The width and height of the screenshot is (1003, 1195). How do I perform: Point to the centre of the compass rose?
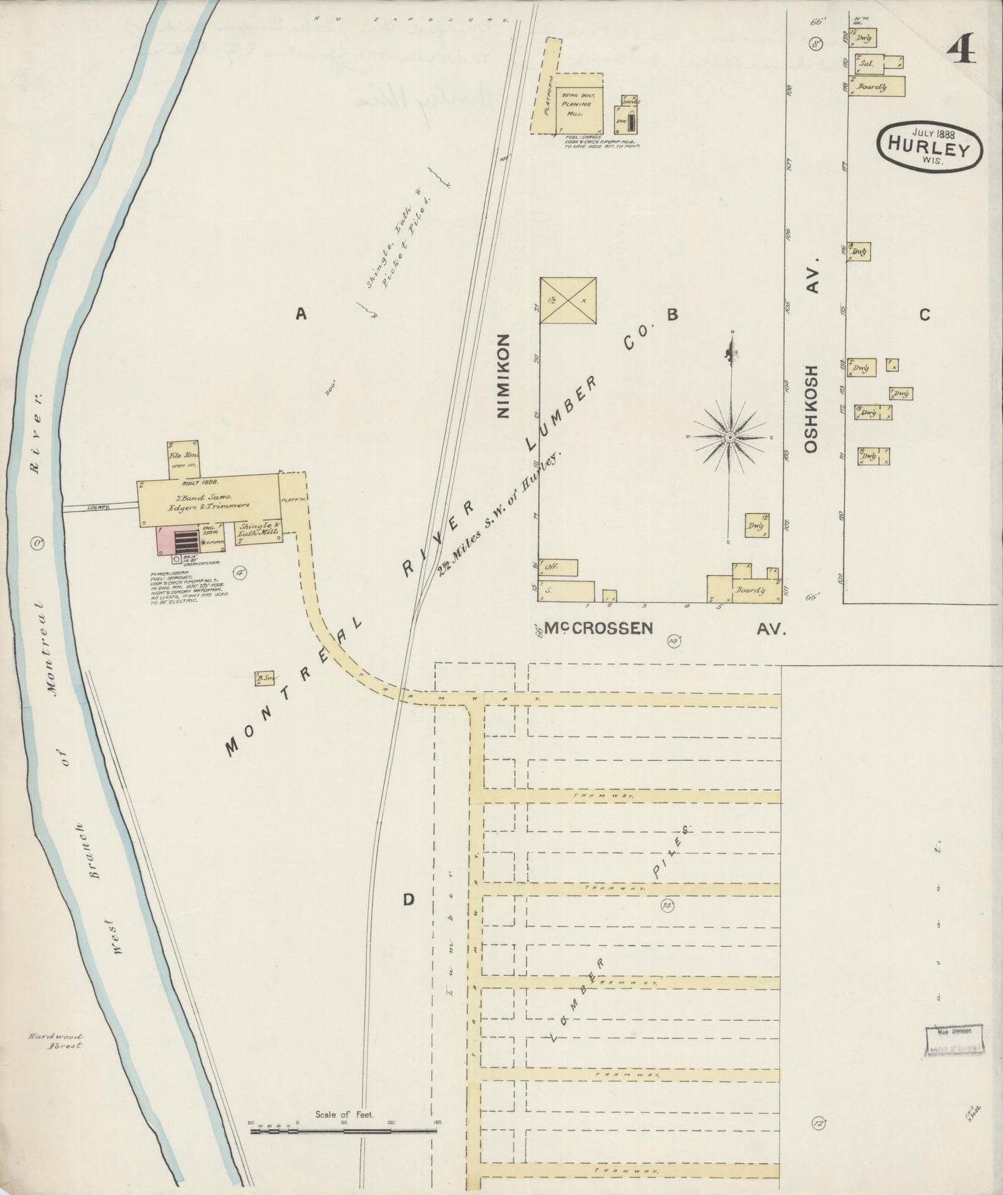(730, 437)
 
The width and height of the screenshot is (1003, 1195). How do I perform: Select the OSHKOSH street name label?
(813, 409)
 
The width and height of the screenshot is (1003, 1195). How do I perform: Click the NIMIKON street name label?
(503, 375)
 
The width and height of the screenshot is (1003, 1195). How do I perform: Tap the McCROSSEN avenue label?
(598, 628)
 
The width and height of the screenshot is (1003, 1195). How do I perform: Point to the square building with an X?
(568, 300)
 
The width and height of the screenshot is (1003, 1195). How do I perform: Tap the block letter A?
(301, 314)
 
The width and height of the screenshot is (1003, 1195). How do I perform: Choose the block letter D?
(409, 900)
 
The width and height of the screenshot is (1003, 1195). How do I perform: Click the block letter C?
(924, 314)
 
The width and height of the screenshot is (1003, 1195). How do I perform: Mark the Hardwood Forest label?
(56, 1040)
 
